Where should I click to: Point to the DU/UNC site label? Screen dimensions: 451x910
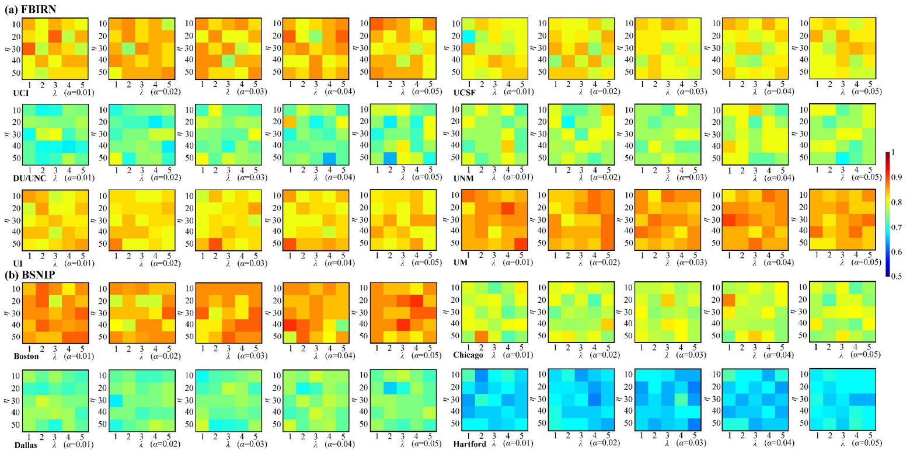pos(22,177)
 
